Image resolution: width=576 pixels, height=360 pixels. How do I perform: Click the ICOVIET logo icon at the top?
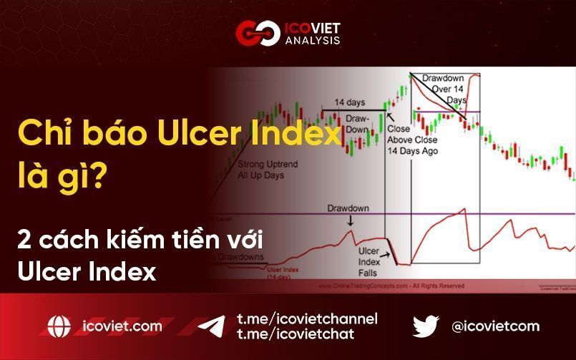click(x=255, y=33)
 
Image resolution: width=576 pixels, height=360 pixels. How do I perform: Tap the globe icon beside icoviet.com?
click(x=59, y=326)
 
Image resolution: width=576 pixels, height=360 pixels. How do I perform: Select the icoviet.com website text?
click(x=122, y=326)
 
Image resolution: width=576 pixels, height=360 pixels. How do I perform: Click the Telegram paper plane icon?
click(x=211, y=326)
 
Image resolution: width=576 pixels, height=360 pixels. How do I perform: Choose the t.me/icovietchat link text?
click(x=294, y=334)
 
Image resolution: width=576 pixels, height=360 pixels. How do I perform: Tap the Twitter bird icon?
click(x=426, y=326)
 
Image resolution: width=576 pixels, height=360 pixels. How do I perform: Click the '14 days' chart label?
click(x=350, y=102)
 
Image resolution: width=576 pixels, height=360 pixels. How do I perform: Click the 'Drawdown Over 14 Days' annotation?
click(x=443, y=89)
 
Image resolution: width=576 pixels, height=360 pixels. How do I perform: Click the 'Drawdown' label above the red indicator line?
click(x=348, y=208)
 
